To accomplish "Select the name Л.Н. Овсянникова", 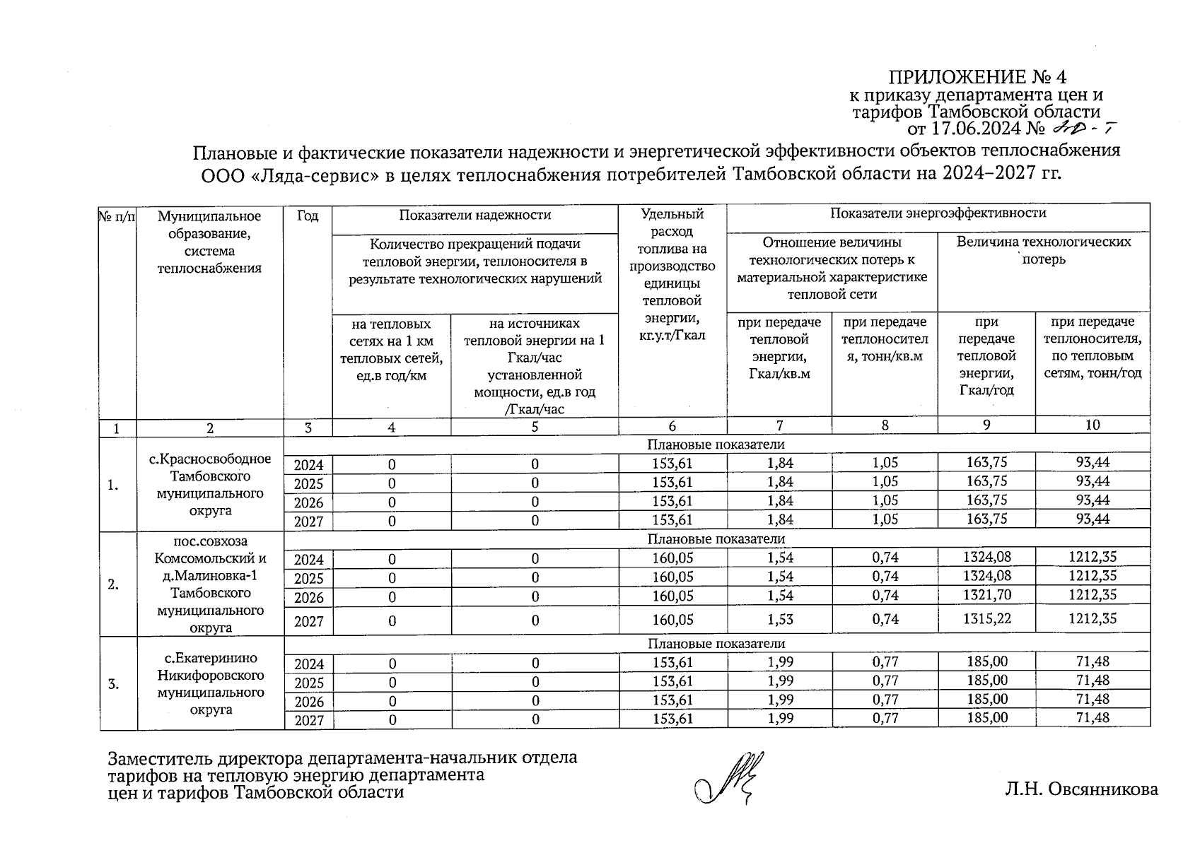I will pos(1081,789).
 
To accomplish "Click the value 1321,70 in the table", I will pos(986,595).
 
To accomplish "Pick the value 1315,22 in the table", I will pos(986,619).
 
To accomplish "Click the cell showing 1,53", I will pos(779,620).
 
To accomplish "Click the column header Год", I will pos(308,216).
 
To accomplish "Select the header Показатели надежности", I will pos(474,216).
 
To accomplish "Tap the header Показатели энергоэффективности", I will pos(937,213).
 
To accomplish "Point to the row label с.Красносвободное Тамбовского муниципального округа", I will pos(210,485).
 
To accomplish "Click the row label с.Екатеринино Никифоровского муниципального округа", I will pos(210,684).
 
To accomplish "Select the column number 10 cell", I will pos(1093,425).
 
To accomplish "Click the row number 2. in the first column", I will pos(113,584).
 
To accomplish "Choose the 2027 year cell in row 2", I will pos(308,621).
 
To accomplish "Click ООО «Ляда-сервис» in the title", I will pos(288,174).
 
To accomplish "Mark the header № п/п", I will pos(117,216).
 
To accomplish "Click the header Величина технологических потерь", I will pos(1043,250).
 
